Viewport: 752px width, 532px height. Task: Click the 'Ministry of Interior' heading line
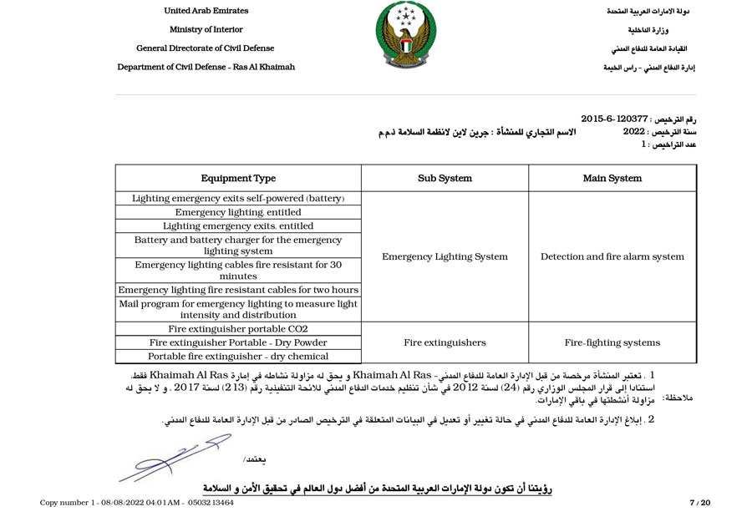206,29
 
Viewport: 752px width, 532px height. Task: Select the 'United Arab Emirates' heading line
206,11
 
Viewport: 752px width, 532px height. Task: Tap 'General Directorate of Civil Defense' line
206,48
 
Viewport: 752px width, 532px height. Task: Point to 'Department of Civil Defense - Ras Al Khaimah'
206,67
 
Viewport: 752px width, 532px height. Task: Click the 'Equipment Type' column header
238,178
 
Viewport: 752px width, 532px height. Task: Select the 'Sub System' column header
445,178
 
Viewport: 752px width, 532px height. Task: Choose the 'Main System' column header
612,178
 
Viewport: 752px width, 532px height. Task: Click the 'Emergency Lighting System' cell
445,256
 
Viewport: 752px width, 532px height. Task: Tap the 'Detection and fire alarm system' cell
612,256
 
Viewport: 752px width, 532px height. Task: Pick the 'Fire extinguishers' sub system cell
445,342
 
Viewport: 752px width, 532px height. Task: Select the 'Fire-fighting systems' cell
612,342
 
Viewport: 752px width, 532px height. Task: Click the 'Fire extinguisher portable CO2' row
238,329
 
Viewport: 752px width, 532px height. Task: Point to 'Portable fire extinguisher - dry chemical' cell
238,357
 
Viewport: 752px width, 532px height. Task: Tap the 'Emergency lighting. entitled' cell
238,212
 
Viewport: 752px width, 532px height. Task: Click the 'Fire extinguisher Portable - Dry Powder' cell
238,342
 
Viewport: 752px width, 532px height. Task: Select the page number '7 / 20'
699,503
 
